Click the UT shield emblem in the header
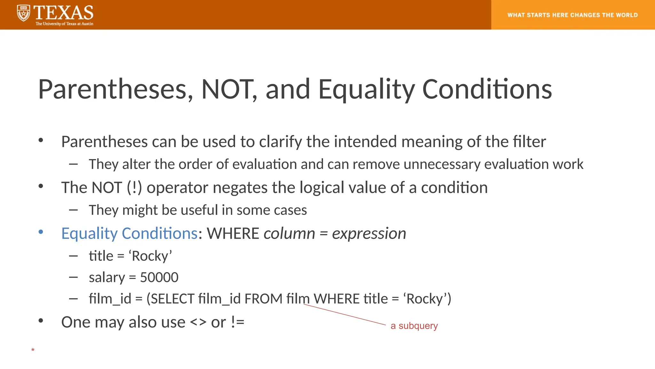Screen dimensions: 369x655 click(x=23, y=13)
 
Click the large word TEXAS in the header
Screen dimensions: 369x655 click(x=64, y=13)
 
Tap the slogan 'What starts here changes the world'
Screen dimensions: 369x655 click(x=572, y=15)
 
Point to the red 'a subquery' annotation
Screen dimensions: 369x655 click(x=414, y=326)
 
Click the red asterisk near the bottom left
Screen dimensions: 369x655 click(x=33, y=350)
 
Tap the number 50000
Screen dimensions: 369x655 click(x=159, y=277)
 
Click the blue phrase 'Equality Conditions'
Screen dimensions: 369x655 click(x=129, y=233)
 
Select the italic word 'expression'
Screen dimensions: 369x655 click(x=369, y=233)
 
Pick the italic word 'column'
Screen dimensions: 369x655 click(x=289, y=233)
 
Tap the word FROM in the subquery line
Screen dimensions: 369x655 click(x=264, y=299)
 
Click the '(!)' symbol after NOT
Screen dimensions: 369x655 click(x=134, y=188)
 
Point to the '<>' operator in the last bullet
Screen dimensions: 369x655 click(x=198, y=322)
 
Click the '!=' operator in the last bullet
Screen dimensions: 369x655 click(x=237, y=322)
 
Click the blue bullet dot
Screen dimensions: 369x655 click(x=41, y=232)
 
